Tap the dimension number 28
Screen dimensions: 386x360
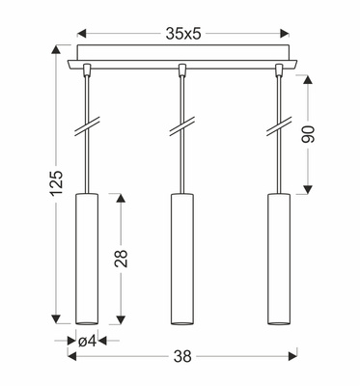[120, 257]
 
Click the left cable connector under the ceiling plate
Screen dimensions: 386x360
[86, 70]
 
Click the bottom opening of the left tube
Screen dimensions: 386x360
[86, 320]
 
